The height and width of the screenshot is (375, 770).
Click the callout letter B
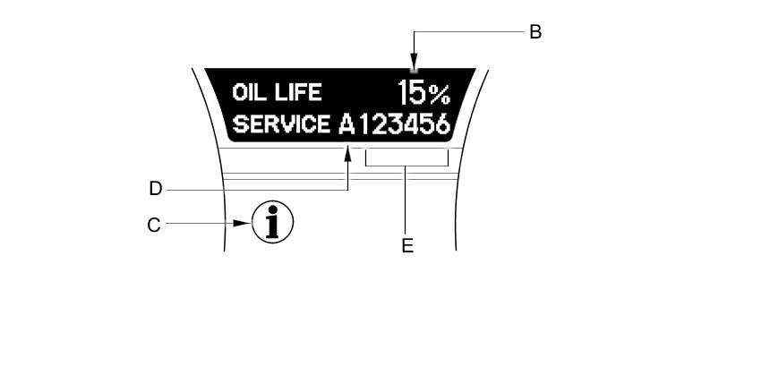[x=535, y=32]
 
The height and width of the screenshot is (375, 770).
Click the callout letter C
[x=154, y=226]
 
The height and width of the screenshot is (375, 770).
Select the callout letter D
[x=155, y=189]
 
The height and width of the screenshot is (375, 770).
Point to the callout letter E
[x=407, y=244]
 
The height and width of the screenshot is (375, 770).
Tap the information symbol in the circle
[x=272, y=222]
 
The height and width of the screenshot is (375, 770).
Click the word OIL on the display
[x=250, y=93]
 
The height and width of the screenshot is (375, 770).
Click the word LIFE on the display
[x=299, y=93]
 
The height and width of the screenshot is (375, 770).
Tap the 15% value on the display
[x=423, y=92]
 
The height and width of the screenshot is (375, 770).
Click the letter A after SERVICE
[x=347, y=124]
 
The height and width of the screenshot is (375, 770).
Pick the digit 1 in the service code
[x=364, y=124]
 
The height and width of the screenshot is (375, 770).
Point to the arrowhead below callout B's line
[x=414, y=64]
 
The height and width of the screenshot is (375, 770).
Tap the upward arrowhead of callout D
[x=347, y=155]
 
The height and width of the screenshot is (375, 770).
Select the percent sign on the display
[x=439, y=92]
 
